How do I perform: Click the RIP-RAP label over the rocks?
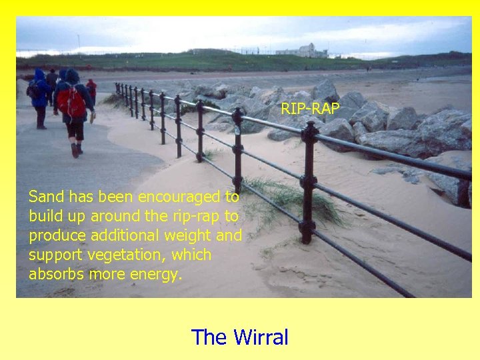(x=310, y=108)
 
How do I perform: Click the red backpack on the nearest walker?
(x=70, y=102)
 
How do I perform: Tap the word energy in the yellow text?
(x=158, y=275)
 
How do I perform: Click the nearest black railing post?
(x=308, y=180)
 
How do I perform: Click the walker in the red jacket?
(x=91, y=89)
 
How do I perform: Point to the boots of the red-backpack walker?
(x=76, y=151)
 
